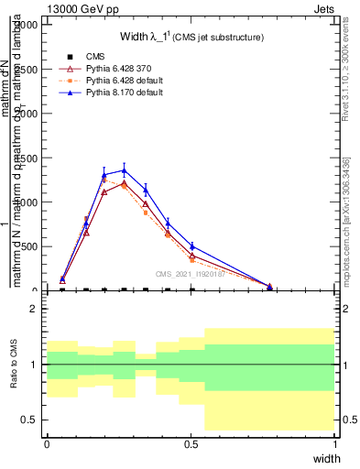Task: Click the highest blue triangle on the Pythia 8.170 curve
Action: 124,170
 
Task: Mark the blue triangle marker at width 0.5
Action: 191,245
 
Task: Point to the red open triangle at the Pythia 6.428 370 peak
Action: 124,183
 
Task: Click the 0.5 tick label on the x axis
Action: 191,443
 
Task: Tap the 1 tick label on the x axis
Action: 335,443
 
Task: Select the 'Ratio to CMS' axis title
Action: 13,364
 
